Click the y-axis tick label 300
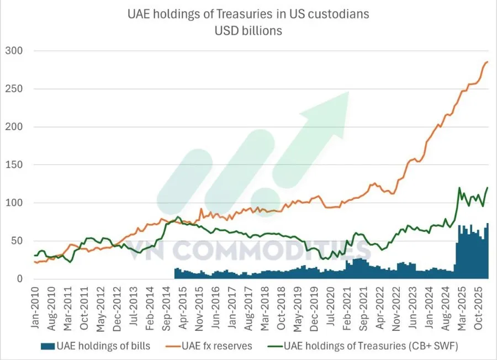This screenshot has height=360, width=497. tap(14, 51)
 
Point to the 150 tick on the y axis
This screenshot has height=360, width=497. tap(14, 165)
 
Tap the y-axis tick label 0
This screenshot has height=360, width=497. tap(19, 279)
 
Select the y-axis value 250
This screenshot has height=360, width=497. tap(14, 89)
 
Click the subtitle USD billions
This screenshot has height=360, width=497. tap(248, 31)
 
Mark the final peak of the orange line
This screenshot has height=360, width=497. tap(487, 62)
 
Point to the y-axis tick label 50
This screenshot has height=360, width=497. tap(17, 241)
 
